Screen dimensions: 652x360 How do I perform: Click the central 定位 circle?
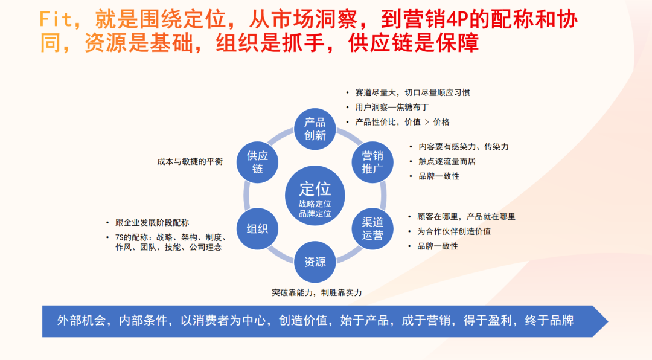[x=315, y=196]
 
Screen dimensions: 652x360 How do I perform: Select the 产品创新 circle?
[x=315, y=129]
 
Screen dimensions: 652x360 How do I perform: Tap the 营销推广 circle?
[x=372, y=162]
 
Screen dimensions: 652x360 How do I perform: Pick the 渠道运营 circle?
[x=372, y=229]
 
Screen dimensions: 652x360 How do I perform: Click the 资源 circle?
[x=315, y=262]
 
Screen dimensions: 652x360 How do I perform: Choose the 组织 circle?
[x=257, y=229]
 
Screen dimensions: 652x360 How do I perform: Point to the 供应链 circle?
[x=257, y=162]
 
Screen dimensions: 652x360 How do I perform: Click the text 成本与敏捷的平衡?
[x=190, y=161]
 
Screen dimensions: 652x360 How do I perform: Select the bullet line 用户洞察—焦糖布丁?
[x=392, y=108]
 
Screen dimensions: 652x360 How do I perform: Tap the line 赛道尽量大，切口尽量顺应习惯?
[x=412, y=92]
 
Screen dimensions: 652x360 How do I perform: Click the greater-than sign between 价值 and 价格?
[x=427, y=123]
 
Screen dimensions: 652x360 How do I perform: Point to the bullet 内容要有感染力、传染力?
[x=463, y=147]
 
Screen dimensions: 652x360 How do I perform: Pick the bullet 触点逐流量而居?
[x=447, y=161]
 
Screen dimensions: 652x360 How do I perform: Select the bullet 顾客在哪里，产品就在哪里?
[x=466, y=217]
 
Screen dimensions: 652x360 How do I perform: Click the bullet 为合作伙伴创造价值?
[x=453, y=231]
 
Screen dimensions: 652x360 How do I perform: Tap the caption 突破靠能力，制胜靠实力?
[x=317, y=292]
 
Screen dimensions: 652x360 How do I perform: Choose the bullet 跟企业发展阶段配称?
[x=152, y=223]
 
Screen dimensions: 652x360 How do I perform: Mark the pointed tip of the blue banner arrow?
[x=608, y=321]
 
